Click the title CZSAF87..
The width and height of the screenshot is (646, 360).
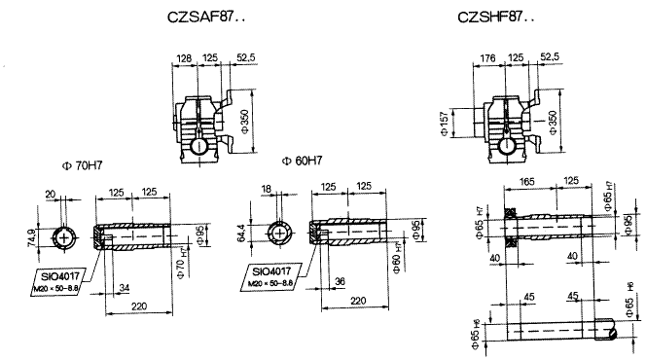[x=206, y=18]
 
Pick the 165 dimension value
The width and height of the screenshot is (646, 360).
[x=528, y=181]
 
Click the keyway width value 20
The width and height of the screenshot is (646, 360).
[x=51, y=193]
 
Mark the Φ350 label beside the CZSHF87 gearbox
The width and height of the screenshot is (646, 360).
[x=553, y=119]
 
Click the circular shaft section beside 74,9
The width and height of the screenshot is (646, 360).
[x=65, y=236]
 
